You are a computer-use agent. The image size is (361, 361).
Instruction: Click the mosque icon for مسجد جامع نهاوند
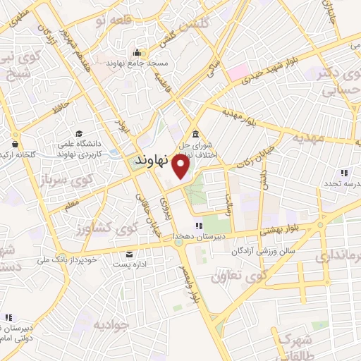coord(137,53)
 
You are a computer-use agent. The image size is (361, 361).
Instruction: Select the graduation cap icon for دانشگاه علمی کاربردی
coord(80,134)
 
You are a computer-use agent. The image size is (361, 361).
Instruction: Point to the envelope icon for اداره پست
coord(128,254)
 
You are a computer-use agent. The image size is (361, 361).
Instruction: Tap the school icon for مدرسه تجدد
coord(344,171)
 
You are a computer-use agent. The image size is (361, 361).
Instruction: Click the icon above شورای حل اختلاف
coord(195,135)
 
